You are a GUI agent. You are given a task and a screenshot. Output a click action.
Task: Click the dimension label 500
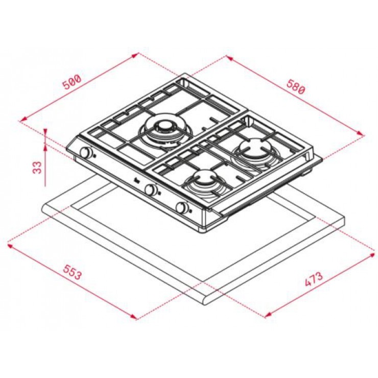point(72,82)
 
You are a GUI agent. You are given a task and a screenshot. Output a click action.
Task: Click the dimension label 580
point(296,86)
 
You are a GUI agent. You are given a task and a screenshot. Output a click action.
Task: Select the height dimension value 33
point(37,168)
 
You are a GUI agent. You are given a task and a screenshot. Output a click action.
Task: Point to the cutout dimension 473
point(314,279)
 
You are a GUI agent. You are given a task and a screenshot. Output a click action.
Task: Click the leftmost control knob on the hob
point(86,153)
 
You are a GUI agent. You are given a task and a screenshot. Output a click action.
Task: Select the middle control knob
point(151,190)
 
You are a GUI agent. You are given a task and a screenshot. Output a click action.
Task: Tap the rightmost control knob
point(182,208)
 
